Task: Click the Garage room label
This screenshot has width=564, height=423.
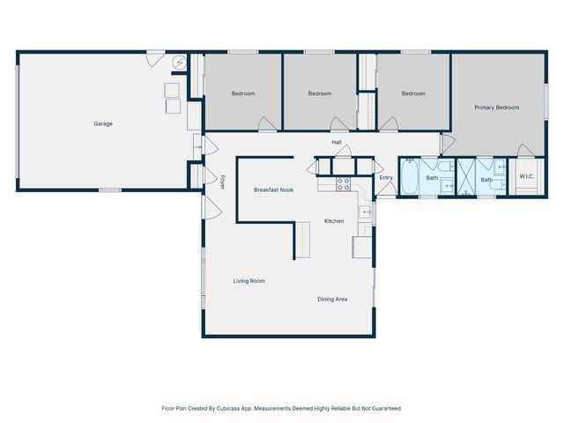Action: click(103, 123)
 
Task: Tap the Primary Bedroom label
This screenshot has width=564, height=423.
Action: click(496, 108)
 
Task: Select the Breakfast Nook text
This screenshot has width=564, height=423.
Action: click(273, 189)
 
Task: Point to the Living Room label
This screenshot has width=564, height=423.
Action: click(249, 281)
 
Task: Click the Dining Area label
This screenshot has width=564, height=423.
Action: click(332, 299)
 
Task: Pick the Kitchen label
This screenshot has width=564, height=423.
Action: click(334, 220)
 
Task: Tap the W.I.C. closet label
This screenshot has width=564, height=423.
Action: click(526, 176)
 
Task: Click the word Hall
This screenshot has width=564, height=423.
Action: click(336, 141)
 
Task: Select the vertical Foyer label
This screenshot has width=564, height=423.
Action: click(223, 182)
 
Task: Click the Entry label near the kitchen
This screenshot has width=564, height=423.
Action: click(386, 177)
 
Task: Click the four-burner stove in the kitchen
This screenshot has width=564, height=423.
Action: click(343, 184)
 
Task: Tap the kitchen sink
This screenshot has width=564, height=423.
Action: click(366, 212)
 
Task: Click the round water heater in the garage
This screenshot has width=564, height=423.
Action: click(180, 63)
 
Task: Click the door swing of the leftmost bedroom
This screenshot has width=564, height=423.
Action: click(267, 124)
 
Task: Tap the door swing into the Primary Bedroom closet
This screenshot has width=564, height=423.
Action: click(525, 150)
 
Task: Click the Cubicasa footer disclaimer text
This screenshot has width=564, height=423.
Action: click(282, 408)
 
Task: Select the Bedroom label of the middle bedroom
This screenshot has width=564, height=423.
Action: click(320, 93)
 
